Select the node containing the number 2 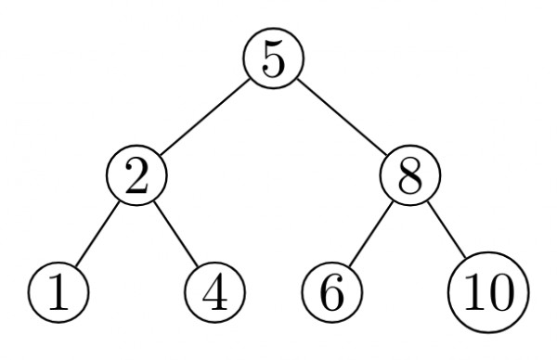[x=136, y=175]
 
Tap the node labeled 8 [x=408, y=175]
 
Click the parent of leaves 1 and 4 [x=136, y=175]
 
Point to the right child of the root [x=408, y=175]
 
